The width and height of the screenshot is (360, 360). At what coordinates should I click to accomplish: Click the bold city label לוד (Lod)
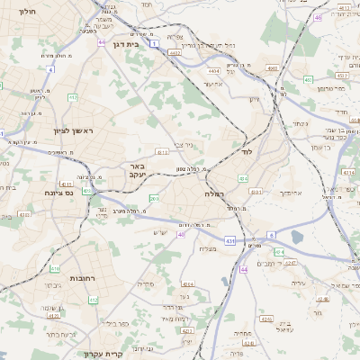(245, 153)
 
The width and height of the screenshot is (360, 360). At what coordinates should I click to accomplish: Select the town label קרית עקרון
(101, 354)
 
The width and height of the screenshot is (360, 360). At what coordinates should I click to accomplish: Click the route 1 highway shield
(155, 42)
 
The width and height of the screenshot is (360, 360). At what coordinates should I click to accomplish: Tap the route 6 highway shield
(270, 235)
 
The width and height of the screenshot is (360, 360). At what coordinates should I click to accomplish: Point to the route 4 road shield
(51, 69)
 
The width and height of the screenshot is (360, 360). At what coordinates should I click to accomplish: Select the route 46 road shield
(318, 17)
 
